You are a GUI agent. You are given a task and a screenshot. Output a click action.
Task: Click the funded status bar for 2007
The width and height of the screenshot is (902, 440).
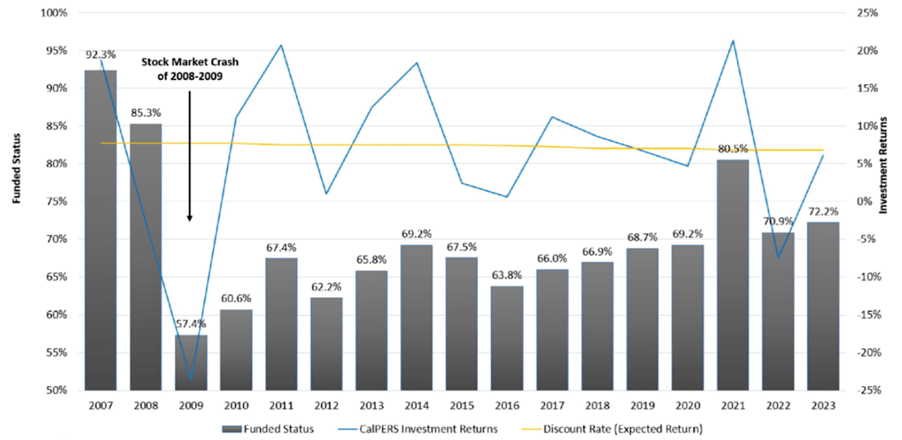[x=101, y=230]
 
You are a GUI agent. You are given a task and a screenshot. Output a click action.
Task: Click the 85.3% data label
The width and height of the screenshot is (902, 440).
[x=146, y=113]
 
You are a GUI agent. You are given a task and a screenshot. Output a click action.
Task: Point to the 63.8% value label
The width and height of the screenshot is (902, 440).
[x=507, y=275]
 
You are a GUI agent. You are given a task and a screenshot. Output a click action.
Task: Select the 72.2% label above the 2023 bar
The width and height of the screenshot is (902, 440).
[x=823, y=211]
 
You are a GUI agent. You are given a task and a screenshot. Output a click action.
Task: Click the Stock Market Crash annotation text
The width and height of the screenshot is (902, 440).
[x=190, y=69]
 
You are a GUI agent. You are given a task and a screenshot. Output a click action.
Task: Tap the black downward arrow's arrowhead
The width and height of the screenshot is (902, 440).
[x=190, y=218]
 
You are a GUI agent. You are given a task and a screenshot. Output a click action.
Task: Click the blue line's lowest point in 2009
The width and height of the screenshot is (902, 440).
[x=191, y=379]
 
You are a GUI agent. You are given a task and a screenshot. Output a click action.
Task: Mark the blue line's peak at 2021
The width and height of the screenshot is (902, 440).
[x=733, y=41]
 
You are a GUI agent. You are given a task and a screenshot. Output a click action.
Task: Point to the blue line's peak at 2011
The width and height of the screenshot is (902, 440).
[x=281, y=45]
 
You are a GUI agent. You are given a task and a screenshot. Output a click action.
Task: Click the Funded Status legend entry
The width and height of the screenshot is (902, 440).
[x=268, y=429]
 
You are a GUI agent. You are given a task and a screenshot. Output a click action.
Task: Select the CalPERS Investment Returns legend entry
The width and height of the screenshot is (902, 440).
[x=418, y=429]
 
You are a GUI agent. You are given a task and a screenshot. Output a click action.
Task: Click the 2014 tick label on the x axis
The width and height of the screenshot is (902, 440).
[x=416, y=405]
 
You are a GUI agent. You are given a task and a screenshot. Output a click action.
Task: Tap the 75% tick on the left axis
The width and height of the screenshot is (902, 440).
[x=57, y=201]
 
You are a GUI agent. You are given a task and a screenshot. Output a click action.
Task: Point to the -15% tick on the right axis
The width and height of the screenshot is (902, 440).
[x=869, y=315]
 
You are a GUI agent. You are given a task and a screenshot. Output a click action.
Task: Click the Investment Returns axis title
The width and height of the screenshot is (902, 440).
[x=883, y=165]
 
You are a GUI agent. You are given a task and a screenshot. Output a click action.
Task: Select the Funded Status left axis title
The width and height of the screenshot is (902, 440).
[x=17, y=169]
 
